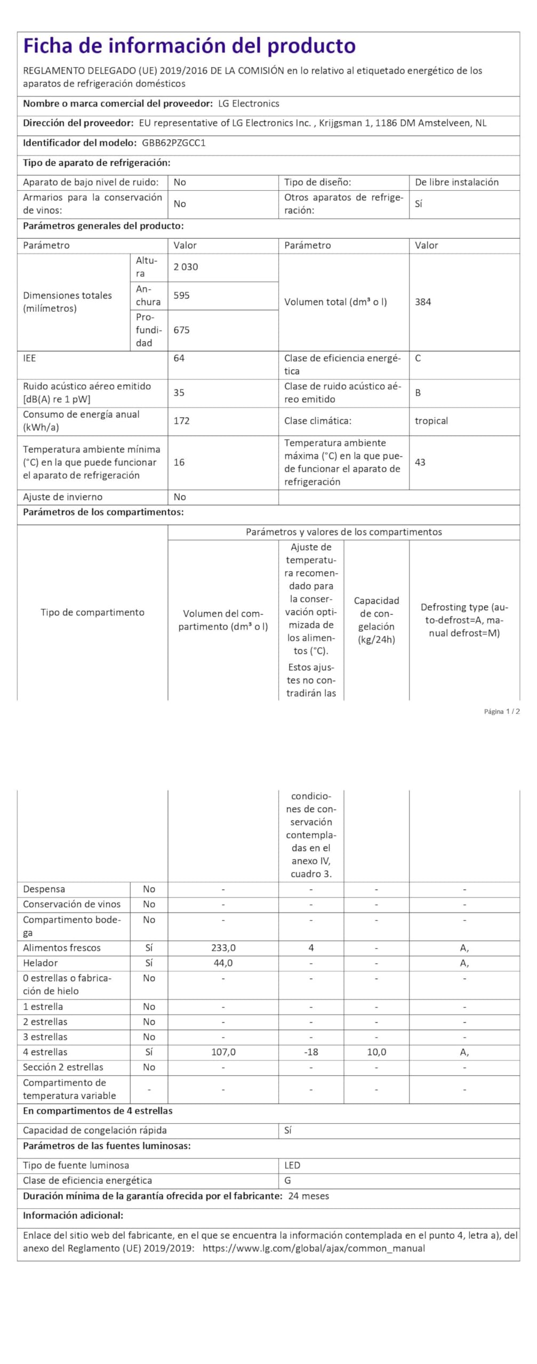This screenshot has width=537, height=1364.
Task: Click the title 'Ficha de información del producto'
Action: pyautogui.click(x=189, y=46)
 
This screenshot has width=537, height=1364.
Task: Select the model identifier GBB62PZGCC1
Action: pyautogui.click(x=174, y=143)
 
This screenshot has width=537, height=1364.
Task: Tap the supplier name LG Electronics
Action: pyautogui.click(x=249, y=103)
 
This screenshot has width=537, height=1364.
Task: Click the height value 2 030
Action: pyautogui.click(x=186, y=267)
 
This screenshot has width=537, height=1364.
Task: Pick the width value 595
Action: pyautogui.click(x=181, y=295)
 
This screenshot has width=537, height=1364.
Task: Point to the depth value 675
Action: pyautogui.click(x=181, y=330)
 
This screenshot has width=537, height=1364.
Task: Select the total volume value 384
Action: pyautogui.click(x=423, y=302)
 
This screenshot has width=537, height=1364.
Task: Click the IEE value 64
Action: pyautogui.click(x=179, y=358)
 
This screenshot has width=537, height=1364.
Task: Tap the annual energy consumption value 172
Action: pyautogui.click(x=181, y=420)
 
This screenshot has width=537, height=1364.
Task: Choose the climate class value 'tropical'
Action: pyautogui.click(x=431, y=420)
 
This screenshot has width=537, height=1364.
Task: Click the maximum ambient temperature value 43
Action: pyautogui.click(x=420, y=462)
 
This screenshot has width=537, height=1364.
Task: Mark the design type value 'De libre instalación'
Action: pyautogui.click(x=456, y=182)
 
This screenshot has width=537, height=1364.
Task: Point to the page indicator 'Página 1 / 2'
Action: pyautogui.click(x=501, y=711)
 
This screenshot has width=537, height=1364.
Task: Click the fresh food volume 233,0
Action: pyautogui.click(x=223, y=948)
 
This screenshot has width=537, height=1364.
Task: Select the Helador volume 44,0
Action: pyautogui.click(x=223, y=963)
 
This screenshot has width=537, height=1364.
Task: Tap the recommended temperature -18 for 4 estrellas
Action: pyautogui.click(x=311, y=1052)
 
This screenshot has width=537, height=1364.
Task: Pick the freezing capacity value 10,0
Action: pyautogui.click(x=376, y=1052)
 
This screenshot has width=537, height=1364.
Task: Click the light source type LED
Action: pyautogui.click(x=292, y=1165)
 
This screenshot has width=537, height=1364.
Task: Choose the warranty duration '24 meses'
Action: pyautogui.click(x=308, y=1196)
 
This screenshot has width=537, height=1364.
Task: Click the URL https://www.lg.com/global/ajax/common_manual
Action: pyautogui.click(x=314, y=1248)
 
